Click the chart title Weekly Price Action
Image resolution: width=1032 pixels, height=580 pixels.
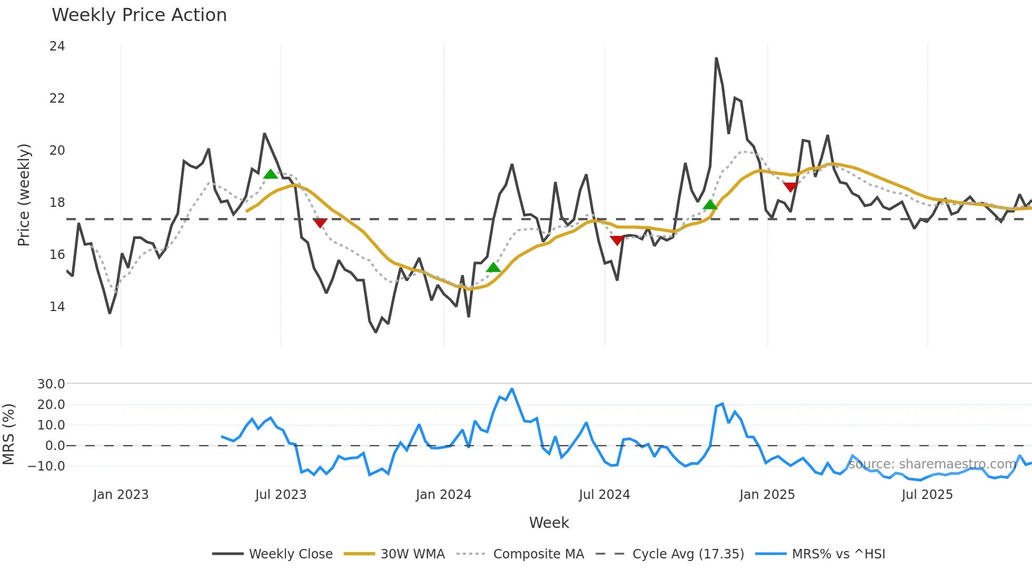point(139,15)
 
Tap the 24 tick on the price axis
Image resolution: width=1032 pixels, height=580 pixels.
point(57,46)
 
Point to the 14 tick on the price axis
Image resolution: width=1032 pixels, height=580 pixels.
point(57,307)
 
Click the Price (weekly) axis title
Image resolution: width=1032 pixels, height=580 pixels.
point(24,195)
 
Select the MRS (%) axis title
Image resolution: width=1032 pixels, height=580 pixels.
point(8,435)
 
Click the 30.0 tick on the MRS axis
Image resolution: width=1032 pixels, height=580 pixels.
point(51,384)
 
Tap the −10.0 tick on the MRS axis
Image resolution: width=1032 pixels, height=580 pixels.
point(46,466)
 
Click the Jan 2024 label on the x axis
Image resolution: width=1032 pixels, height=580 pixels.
point(443,495)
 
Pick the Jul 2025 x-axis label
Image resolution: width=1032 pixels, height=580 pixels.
point(927,495)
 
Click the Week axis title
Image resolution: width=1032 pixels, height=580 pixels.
point(549,523)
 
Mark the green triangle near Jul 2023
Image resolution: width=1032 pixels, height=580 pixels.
point(270,174)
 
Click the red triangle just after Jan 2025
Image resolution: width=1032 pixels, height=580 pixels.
point(790,187)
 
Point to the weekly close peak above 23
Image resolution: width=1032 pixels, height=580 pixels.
point(716,58)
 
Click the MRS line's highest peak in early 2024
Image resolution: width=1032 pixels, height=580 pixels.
point(512,389)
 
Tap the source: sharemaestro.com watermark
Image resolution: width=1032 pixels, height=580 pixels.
point(932,464)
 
